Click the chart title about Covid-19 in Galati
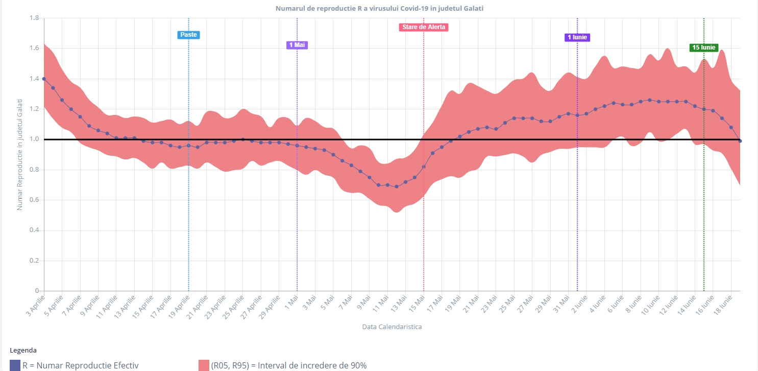pyautogui.click(x=379, y=9)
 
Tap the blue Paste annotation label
pyautogui.click(x=188, y=35)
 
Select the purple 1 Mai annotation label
pyautogui.click(x=297, y=45)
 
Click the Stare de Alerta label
pyautogui.click(x=423, y=27)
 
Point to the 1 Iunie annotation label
pyautogui.click(x=577, y=37)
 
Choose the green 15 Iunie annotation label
pyautogui.click(x=703, y=48)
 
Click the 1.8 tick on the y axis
pyautogui.click(x=35, y=18)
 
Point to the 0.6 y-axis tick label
pyautogui.click(x=35, y=200)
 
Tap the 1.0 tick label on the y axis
pyautogui.click(x=35, y=140)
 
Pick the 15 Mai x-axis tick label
pyautogui.click(x=417, y=303)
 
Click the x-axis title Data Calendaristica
pyautogui.click(x=392, y=327)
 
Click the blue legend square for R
pyautogui.click(x=15, y=365)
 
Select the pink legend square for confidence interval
pyautogui.click(x=204, y=365)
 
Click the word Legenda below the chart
pyautogui.click(x=23, y=351)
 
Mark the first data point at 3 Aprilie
pyautogui.click(x=44, y=79)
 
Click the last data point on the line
pyautogui.click(x=740, y=141)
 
